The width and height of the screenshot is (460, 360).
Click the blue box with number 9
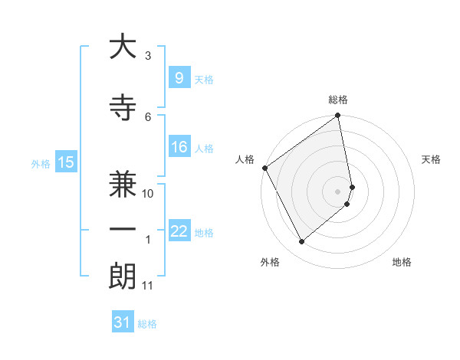pos(179,78)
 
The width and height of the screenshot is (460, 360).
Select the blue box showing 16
pos(179,148)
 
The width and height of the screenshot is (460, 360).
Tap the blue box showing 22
pos(179,231)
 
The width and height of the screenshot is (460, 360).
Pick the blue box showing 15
pos(65,162)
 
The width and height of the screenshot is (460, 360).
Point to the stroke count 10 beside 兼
pos(148,194)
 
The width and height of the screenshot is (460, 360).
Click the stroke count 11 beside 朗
pos(148,286)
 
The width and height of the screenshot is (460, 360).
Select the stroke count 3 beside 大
pos(148,56)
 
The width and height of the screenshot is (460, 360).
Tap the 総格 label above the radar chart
pos(338,100)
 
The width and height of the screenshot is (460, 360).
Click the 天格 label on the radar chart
pos(432,159)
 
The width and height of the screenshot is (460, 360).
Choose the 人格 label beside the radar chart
pos(245,159)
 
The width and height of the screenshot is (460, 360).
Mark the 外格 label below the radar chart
pos(270,262)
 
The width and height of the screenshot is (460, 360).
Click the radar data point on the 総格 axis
pos(338,116)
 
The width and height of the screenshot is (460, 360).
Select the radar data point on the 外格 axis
pos(302,241)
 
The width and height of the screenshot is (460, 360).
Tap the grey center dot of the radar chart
pos(338,191)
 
